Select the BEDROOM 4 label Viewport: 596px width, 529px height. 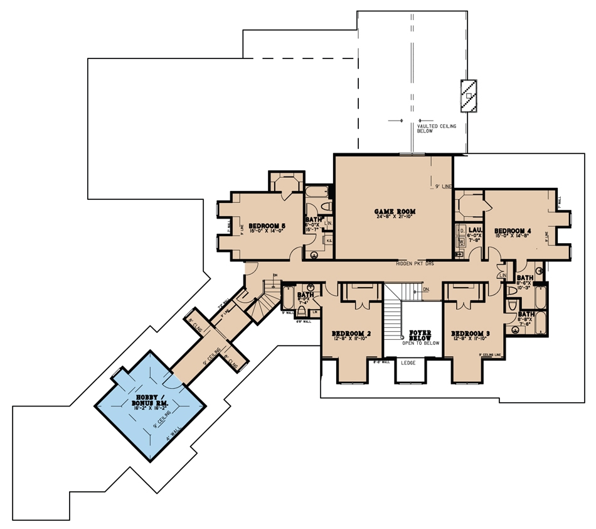pyautogui.click(x=513, y=231)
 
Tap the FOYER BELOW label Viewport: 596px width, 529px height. pyautogui.click(x=420, y=335)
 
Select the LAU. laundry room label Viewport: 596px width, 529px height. pyautogui.click(x=474, y=231)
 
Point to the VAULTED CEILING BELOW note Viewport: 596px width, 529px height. pyautogui.click(x=437, y=129)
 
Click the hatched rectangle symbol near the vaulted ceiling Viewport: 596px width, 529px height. pyautogui.click(x=468, y=96)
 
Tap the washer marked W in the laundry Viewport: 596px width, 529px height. pyautogui.click(x=461, y=241)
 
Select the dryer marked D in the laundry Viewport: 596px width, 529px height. pyautogui.click(x=461, y=230)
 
